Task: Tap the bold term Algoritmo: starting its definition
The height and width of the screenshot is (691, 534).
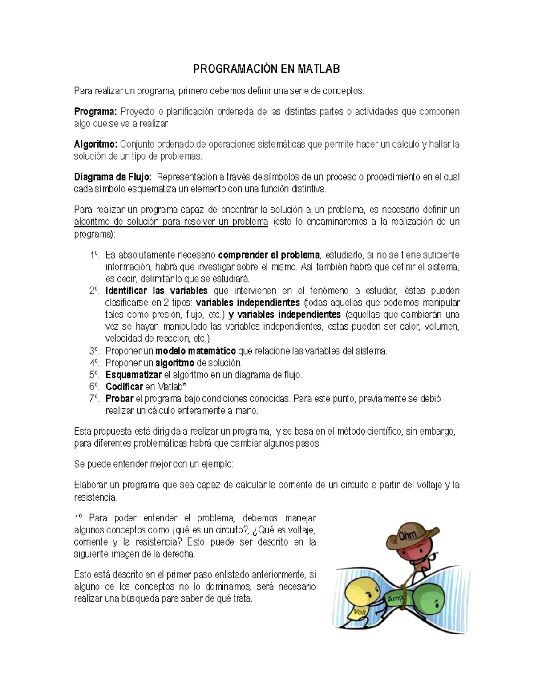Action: [95, 145]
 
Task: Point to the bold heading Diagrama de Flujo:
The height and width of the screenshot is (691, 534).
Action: [113, 177]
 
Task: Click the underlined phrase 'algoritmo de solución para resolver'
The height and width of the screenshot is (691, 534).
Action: [151, 222]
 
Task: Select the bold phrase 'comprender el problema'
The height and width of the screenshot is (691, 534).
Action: [269, 255]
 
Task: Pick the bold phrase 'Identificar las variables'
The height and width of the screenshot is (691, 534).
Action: [156, 291]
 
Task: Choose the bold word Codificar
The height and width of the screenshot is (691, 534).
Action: [124, 387]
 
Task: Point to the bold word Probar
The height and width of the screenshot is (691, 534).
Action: [119, 399]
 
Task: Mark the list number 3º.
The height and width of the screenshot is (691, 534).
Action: [94, 351]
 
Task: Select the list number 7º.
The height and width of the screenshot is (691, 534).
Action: [94, 399]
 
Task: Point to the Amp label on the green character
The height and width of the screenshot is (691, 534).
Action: [395, 599]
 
